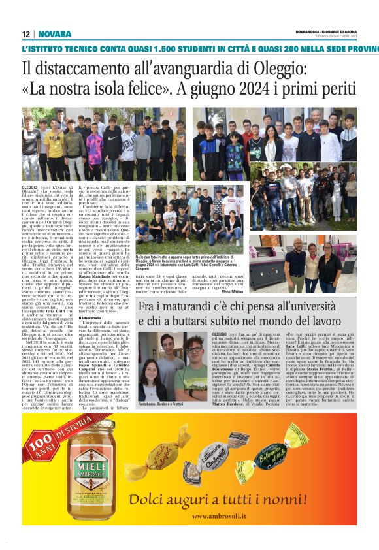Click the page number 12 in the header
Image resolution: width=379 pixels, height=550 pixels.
click(x=26, y=34)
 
